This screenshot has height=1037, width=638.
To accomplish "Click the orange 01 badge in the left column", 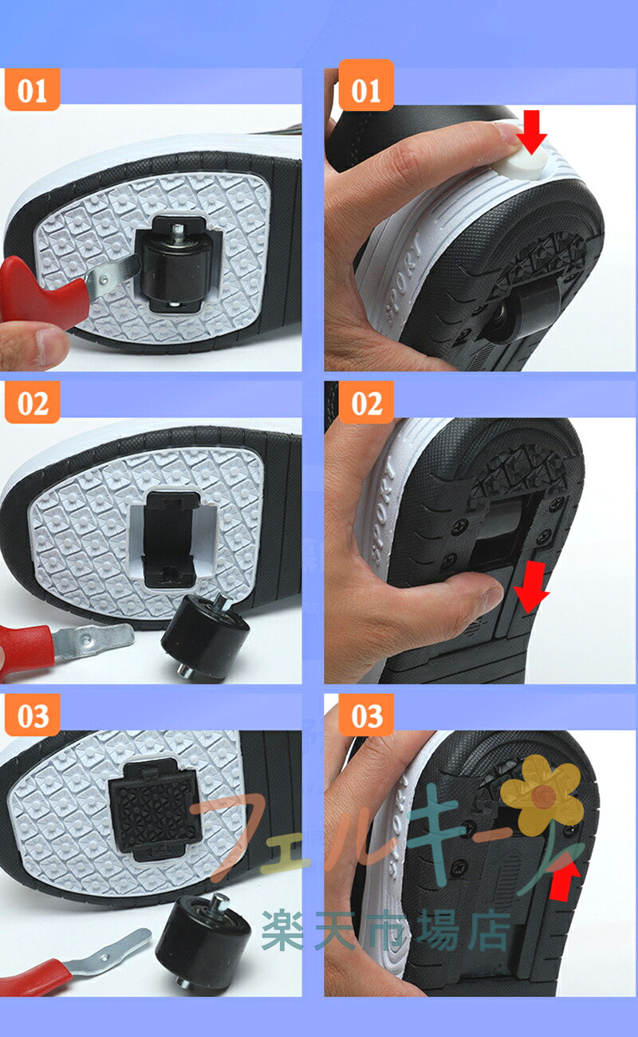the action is (x=33, y=90).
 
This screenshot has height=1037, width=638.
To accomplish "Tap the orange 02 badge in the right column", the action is (x=366, y=402).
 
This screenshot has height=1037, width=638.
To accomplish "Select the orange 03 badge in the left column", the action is (x=33, y=716).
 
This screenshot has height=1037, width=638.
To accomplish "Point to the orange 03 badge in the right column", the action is (x=366, y=716).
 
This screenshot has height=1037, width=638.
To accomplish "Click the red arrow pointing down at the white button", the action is (x=531, y=132).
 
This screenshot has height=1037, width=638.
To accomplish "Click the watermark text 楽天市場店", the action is (x=386, y=931).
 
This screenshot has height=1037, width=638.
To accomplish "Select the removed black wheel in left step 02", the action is (x=205, y=638).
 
